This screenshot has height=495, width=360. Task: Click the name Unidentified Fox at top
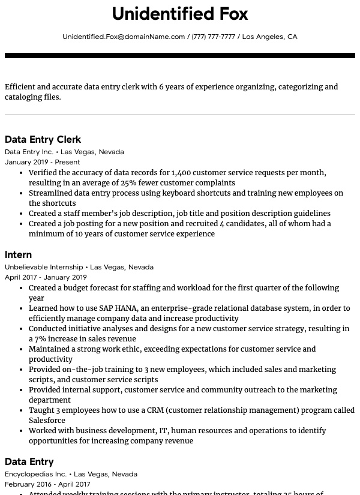click(x=180, y=14)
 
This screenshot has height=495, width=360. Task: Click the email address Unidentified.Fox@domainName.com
click(x=124, y=37)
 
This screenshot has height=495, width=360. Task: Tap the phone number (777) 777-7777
click(x=213, y=37)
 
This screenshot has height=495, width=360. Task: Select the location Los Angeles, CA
click(x=269, y=37)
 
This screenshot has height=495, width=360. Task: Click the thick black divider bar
click(x=180, y=56)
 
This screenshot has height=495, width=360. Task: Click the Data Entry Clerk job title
click(x=43, y=140)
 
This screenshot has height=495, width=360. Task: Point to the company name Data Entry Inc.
click(x=29, y=152)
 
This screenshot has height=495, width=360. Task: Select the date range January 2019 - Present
click(x=42, y=162)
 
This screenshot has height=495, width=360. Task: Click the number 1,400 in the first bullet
click(x=181, y=173)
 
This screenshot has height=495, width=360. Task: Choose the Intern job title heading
click(x=18, y=255)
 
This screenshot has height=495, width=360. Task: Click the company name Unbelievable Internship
click(x=44, y=267)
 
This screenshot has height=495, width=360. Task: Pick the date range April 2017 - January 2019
click(x=46, y=277)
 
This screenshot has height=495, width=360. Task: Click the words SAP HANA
click(x=118, y=308)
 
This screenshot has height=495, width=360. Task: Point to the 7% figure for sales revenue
click(x=41, y=339)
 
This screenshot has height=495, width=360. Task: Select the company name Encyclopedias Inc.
click(x=35, y=474)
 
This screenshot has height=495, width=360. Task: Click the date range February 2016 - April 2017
click(x=47, y=484)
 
